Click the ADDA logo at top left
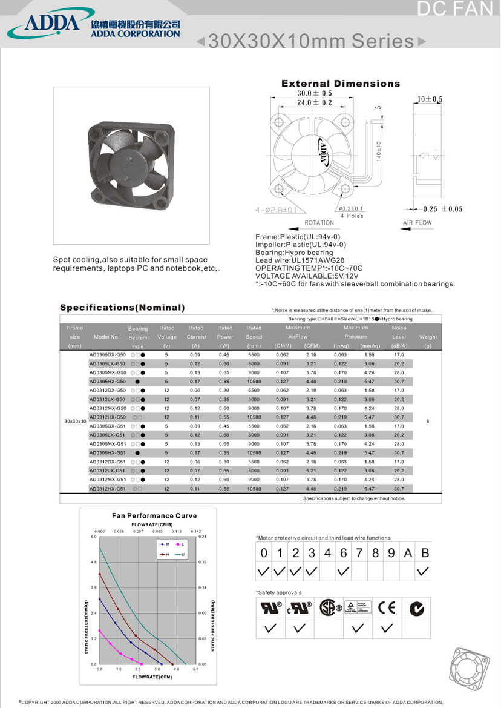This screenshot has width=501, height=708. click(x=51, y=22)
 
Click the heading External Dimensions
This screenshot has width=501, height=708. click(x=341, y=84)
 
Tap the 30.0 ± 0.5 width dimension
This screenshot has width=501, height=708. click(x=314, y=94)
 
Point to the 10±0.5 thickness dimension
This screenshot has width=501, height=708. click(x=430, y=99)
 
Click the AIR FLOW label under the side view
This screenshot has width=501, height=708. click(x=417, y=223)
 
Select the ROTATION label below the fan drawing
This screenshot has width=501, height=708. click(x=319, y=223)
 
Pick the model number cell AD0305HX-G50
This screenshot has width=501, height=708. click(x=108, y=382)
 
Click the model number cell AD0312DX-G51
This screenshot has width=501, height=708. click(x=108, y=462)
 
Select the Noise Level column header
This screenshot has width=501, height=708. click(x=399, y=337)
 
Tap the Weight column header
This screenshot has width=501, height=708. click(x=428, y=337)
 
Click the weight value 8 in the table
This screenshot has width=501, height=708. click(x=428, y=422)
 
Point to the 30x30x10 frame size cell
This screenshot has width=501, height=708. click(x=74, y=420)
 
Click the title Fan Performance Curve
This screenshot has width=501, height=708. click(x=154, y=516)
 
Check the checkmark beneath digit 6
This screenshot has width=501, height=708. click(x=343, y=571)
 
